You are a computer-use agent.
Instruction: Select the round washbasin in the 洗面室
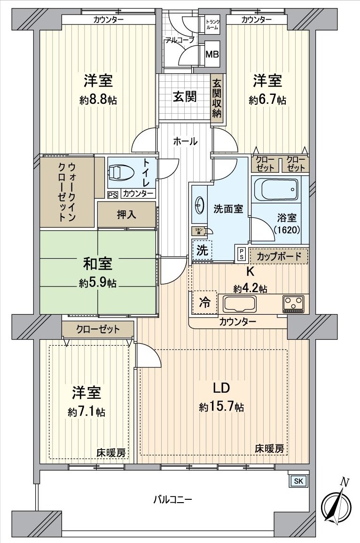[x=199, y=205]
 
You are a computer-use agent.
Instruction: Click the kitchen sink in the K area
[x=240, y=304]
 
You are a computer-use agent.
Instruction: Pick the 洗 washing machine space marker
[x=202, y=250]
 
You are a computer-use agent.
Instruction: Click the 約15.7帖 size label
[x=221, y=407]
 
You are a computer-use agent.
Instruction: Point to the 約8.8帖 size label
[x=98, y=100]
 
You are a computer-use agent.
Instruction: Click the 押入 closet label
[x=126, y=215]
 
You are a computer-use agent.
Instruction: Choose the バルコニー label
[x=172, y=499]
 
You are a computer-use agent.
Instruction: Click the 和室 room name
[x=98, y=264]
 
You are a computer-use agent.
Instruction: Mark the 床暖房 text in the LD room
[x=270, y=449]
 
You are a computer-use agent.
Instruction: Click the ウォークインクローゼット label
[x=66, y=191]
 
